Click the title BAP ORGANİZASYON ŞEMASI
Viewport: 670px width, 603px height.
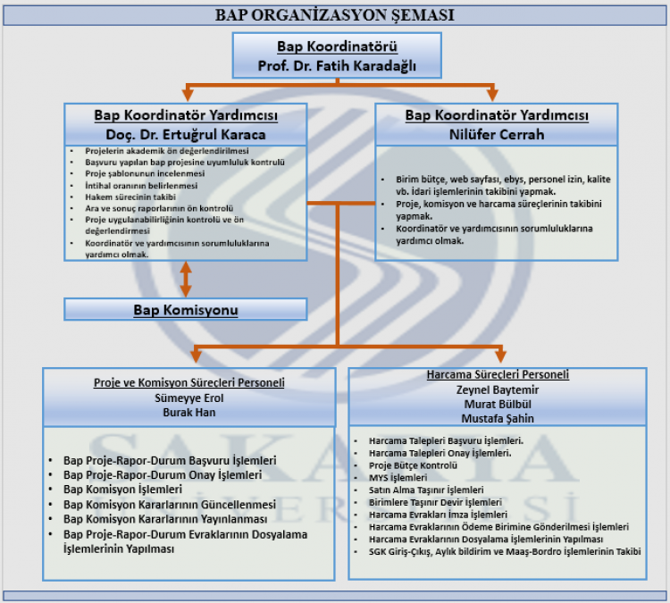pos(335,15)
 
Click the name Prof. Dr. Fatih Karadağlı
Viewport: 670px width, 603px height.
pos(337,66)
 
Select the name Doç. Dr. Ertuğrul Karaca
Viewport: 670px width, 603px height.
pos(186,135)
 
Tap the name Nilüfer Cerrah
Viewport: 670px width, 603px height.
pos(496,135)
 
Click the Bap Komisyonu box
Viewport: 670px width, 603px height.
pos(186,310)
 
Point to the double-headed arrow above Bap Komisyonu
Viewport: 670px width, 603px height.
pos(186,279)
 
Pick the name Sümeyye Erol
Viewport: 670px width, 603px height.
pos(189,398)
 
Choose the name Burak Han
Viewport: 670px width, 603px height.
pos(189,414)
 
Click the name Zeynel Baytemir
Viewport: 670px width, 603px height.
pos(497,389)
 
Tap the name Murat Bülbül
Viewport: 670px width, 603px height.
pos(497,404)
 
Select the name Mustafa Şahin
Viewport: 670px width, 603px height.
pos(497,418)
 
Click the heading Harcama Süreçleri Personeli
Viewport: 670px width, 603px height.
pos(497,374)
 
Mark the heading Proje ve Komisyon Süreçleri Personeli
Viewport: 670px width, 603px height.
pos(189,382)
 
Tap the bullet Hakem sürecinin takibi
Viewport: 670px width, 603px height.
pos(130,197)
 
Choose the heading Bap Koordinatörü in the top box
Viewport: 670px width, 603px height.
pos(337,47)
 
